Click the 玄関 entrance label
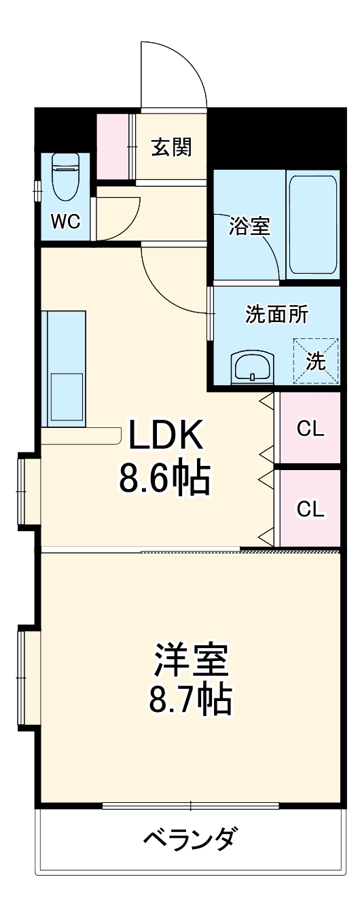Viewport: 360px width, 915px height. click(x=170, y=147)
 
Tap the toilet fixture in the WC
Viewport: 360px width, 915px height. click(x=66, y=176)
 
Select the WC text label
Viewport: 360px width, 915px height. click(x=65, y=221)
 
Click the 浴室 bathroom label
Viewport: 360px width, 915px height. click(x=249, y=226)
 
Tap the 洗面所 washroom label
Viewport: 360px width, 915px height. click(x=276, y=315)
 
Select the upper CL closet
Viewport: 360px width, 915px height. click(x=310, y=429)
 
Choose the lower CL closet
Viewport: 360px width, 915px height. click(x=310, y=508)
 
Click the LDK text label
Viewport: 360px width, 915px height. click(x=166, y=435)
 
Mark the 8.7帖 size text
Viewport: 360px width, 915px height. click(x=190, y=699)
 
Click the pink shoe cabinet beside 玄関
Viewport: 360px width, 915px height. click(x=111, y=147)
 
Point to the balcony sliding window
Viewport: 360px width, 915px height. click(x=191, y=806)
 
